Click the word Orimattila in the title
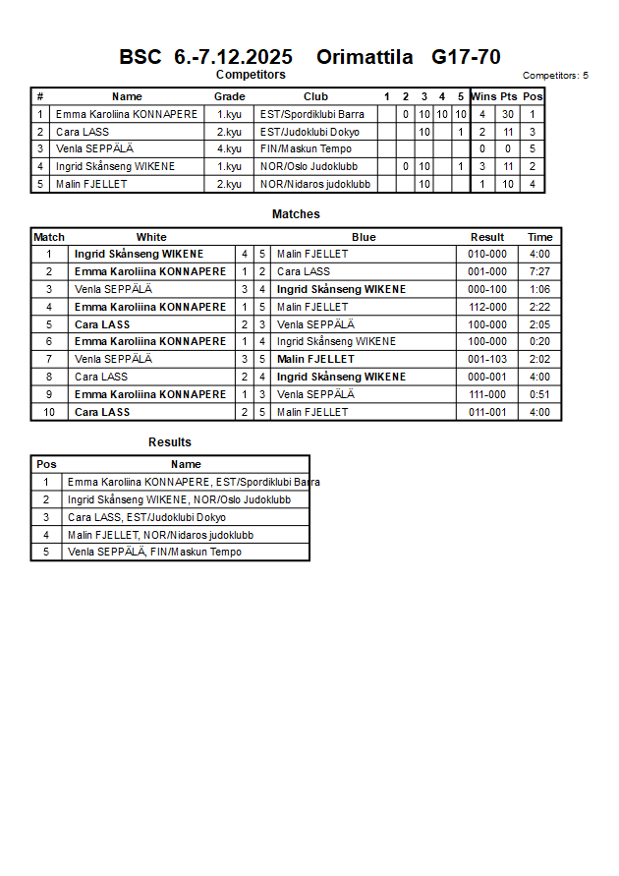(x=365, y=57)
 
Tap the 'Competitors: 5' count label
(x=555, y=76)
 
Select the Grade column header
(x=230, y=96)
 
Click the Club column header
(x=315, y=96)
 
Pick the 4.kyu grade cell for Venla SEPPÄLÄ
(x=229, y=149)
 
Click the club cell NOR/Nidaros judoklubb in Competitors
(x=315, y=184)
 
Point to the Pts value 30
(x=508, y=114)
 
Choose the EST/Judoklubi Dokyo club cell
(x=309, y=132)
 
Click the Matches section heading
(x=296, y=214)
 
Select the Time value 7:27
(x=539, y=271)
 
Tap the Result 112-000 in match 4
(x=487, y=307)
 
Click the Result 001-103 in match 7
(x=487, y=359)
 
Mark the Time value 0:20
(x=539, y=341)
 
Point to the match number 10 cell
(x=48, y=412)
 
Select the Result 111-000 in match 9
(x=487, y=394)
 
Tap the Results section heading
(x=170, y=442)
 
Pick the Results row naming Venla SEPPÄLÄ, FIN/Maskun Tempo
(x=154, y=552)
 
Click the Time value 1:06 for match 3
(x=539, y=289)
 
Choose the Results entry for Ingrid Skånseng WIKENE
(x=179, y=499)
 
